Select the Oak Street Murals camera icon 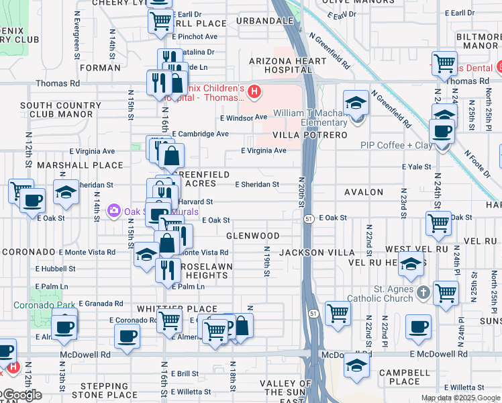(x=113, y=211)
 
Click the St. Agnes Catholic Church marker (x=423, y=293)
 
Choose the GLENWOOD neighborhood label (x=253, y=236)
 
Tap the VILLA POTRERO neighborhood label (x=310, y=135)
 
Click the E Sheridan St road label (x=257, y=185)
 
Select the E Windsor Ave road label (x=244, y=118)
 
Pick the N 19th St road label (x=266, y=262)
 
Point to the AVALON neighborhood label (x=364, y=192)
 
